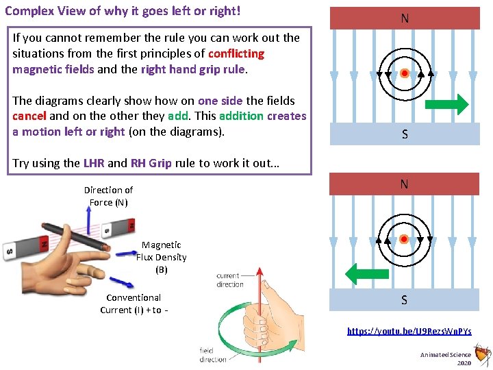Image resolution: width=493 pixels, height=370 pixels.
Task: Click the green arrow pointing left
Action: pyautogui.click(x=367, y=273)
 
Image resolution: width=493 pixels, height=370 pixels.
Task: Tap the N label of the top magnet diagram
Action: pyautogui.click(x=405, y=18)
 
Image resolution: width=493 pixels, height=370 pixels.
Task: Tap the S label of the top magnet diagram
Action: pyautogui.click(x=405, y=134)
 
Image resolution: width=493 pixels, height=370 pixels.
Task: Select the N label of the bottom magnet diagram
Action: pyautogui.click(x=405, y=184)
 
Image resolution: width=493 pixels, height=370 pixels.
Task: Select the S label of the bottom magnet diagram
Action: pyautogui.click(x=405, y=300)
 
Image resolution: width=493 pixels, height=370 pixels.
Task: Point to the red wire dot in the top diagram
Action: pyautogui.click(x=405, y=73)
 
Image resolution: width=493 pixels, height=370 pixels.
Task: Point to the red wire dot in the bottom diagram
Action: pyautogui.click(x=404, y=239)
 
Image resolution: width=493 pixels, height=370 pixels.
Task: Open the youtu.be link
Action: pyautogui.click(x=409, y=331)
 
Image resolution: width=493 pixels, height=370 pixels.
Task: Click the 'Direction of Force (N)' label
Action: pyautogui.click(x=108, y=196)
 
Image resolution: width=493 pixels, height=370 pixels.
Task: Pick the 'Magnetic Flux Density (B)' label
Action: pyautogui.click(x=161, y=257)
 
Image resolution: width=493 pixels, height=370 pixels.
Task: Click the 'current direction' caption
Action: pyautogui.click(x=229, y=280)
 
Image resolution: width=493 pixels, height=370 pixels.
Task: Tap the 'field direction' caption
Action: pyautogui.click(x=213, y=355)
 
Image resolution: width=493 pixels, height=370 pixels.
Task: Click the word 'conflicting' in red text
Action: pyautogui.click(x=236, y=53)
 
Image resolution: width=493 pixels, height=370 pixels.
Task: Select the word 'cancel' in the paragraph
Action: pyautogui.click(x=29, y=116)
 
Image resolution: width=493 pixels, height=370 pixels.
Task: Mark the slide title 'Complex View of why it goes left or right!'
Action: pyautogui.click(x=123, y=12)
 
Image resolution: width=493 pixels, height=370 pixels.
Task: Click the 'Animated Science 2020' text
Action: pyautogui.click(x=446, y=358)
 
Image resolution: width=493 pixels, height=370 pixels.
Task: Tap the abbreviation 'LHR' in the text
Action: pyautogui.click(x=93, y=163)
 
